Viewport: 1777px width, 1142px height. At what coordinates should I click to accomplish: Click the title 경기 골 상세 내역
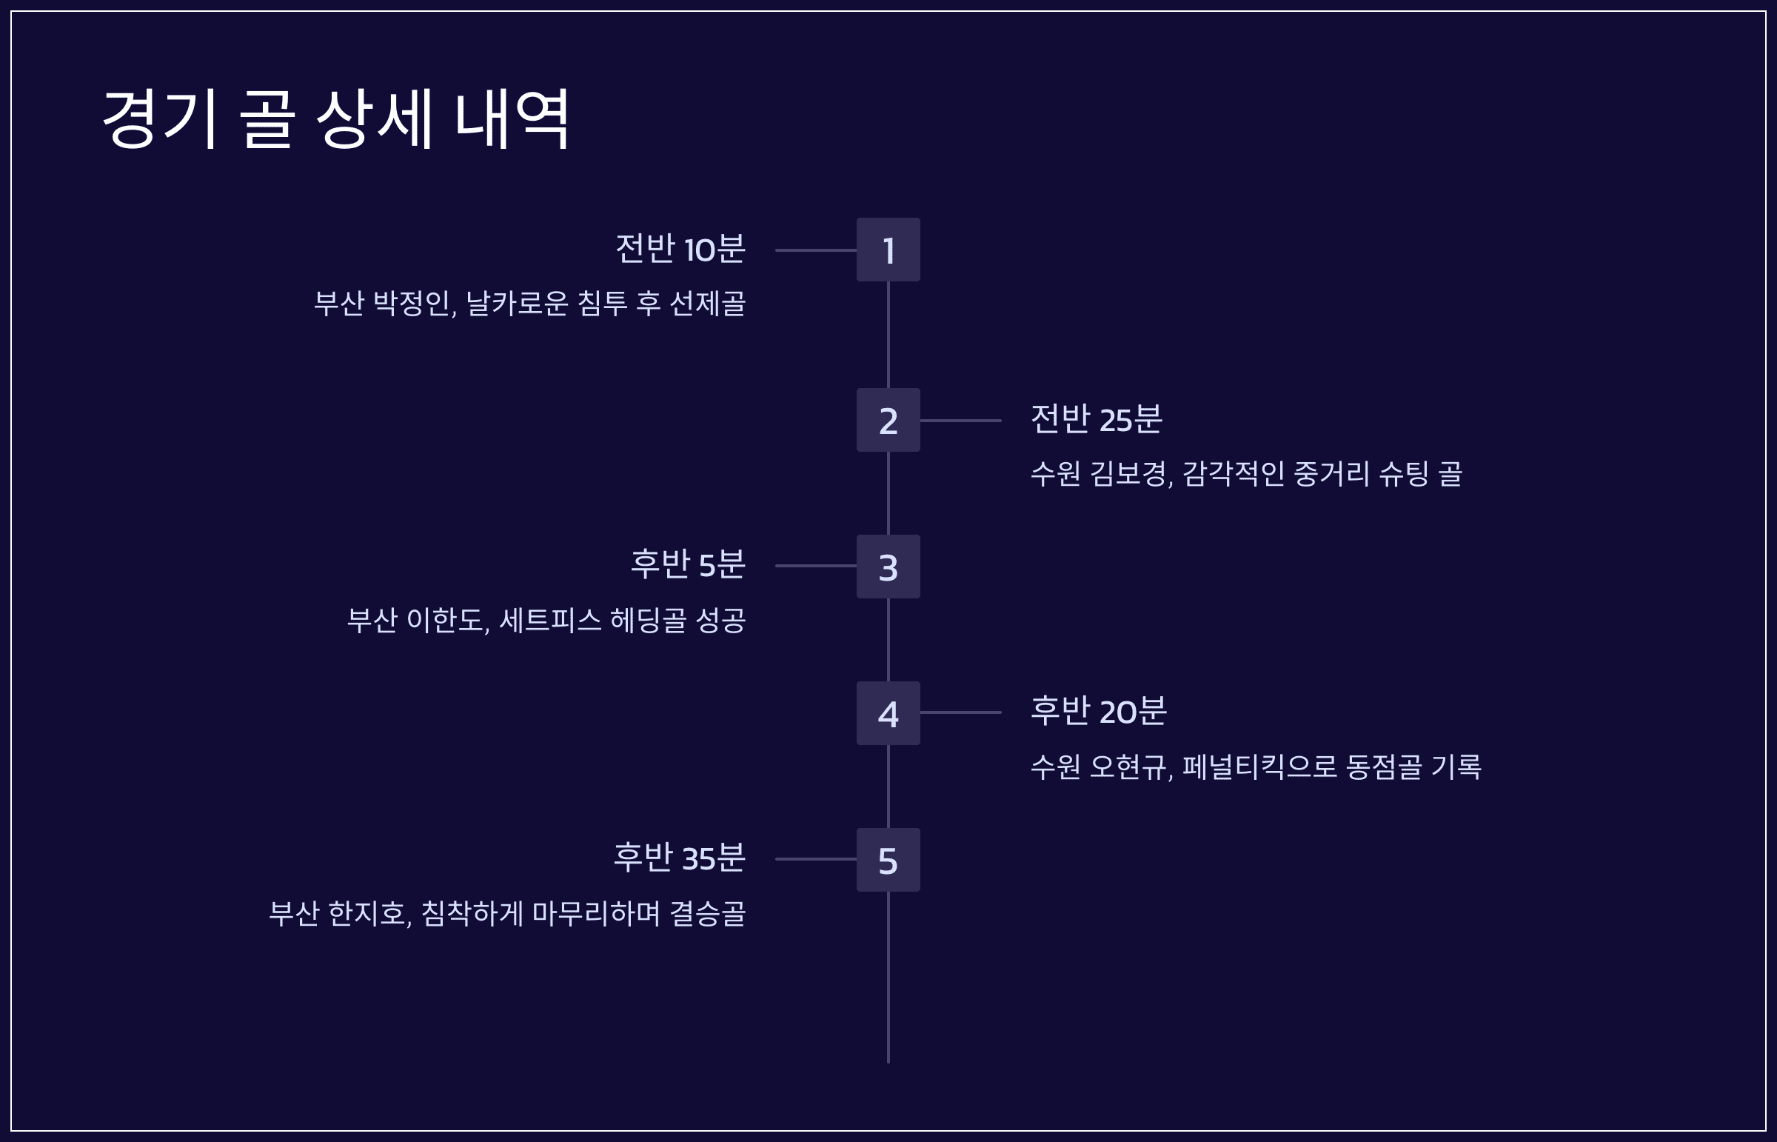click(336, 118)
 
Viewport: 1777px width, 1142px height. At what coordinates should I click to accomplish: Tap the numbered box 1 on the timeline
click(887, 250)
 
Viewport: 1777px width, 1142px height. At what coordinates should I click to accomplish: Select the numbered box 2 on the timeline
click(887, 421)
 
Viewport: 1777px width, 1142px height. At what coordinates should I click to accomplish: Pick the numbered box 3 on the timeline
click(887, 567)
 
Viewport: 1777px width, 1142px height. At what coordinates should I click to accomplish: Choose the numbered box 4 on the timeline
click(887, 713)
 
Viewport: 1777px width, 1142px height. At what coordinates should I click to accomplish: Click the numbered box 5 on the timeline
click(887, 861)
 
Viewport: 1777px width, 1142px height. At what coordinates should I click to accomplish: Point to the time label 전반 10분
click(680, 248)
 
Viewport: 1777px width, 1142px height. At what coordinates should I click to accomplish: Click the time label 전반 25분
click(1096, 419)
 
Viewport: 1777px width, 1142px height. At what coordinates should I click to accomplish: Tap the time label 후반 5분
click(687, 564)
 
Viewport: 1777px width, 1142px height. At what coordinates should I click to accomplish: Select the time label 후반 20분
click(1098, 711)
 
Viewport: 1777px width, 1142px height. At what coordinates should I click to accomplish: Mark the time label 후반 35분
click(678, 858)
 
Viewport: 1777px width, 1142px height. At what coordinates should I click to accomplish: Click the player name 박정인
click(414, 304)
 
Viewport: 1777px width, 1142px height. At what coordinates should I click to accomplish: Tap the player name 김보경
click(1130, 473)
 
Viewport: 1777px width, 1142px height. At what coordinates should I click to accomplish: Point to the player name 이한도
click(448, 620)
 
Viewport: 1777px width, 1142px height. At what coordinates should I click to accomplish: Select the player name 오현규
click(1130, 767)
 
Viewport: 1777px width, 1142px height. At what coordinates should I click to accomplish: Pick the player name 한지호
click(369, 913)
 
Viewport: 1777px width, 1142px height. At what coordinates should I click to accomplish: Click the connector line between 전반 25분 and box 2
click(960, 421)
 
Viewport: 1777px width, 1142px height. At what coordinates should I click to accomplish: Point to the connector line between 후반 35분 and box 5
click(815, 860)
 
